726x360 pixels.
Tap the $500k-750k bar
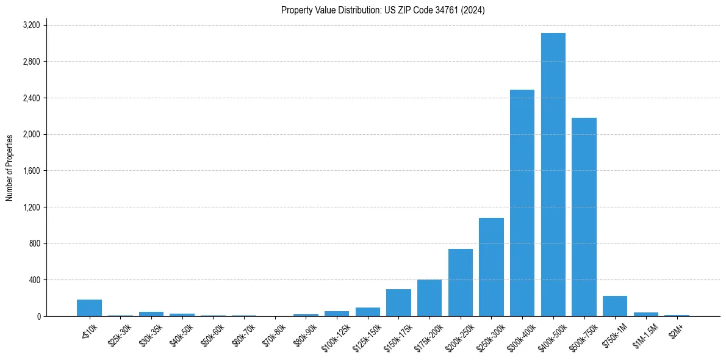pos(584,217)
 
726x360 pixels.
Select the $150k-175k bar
pos(398,303)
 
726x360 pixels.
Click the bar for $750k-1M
pos(615,306)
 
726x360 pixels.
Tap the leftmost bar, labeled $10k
pos(89,308)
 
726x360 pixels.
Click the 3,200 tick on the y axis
pos(31,25)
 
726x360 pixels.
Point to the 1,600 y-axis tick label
pos(31,171)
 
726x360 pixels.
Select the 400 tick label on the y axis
pos(34,280)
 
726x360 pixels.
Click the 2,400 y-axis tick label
pos(31,98)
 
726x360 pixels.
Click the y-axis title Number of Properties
pos(10,168)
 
